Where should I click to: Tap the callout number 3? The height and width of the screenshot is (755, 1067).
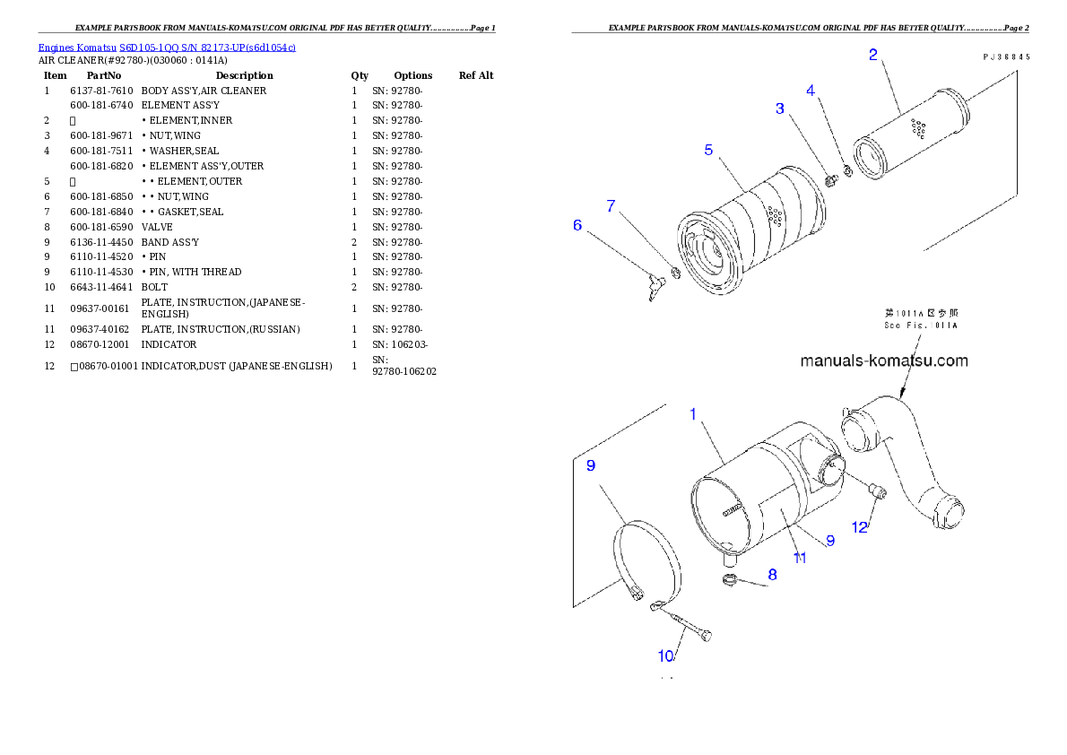pyautogui.click(x=780, y=108)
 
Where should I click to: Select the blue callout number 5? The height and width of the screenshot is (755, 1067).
pyautogui.click(x=708, y=150)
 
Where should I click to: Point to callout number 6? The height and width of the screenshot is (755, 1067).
pyautogui.click(x=577, y=225)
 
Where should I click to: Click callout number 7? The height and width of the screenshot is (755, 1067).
pyautogui.click(x=611, y=206)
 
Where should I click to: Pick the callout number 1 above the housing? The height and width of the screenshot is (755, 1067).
pyautogui.click(x=693, y=414)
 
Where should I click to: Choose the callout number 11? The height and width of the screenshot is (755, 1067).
pyautogui.click(x=800, y=558)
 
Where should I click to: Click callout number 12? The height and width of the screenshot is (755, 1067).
pyautogui.click(x=860, y=527)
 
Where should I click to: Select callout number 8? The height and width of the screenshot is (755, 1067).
pyautogui.click(x=772, y=575)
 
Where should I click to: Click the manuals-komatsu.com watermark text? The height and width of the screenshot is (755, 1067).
pyautogui.click(x=883, y=361)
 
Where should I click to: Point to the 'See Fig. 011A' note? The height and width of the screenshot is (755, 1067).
pyautogui.click(x=921, y=319)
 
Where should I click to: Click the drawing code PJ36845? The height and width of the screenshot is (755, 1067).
pyautogui.click(x=1005, y=56)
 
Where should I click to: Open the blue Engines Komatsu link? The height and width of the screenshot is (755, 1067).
pyautogui.click(x=167, y=47)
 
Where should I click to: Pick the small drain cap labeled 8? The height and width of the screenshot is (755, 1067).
pyautogui.click(x=730, y=583)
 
